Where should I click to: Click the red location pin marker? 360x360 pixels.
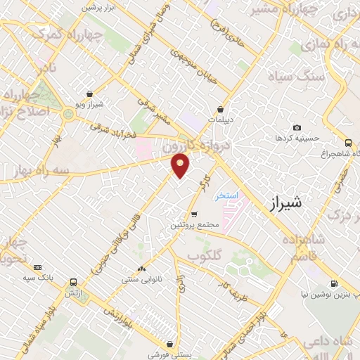coord(181,165)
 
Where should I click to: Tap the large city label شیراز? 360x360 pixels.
coord(286,204)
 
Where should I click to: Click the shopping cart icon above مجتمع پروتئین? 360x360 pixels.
coord(195,214)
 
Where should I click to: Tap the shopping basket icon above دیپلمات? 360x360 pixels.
coord(221,109)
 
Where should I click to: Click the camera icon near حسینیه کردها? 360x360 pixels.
coord(297,127)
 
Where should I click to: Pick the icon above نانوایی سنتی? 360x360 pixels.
coord(143,269)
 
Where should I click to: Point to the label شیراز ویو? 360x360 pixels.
coord(89,104)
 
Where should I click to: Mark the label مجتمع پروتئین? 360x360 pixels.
coord(195,225)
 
